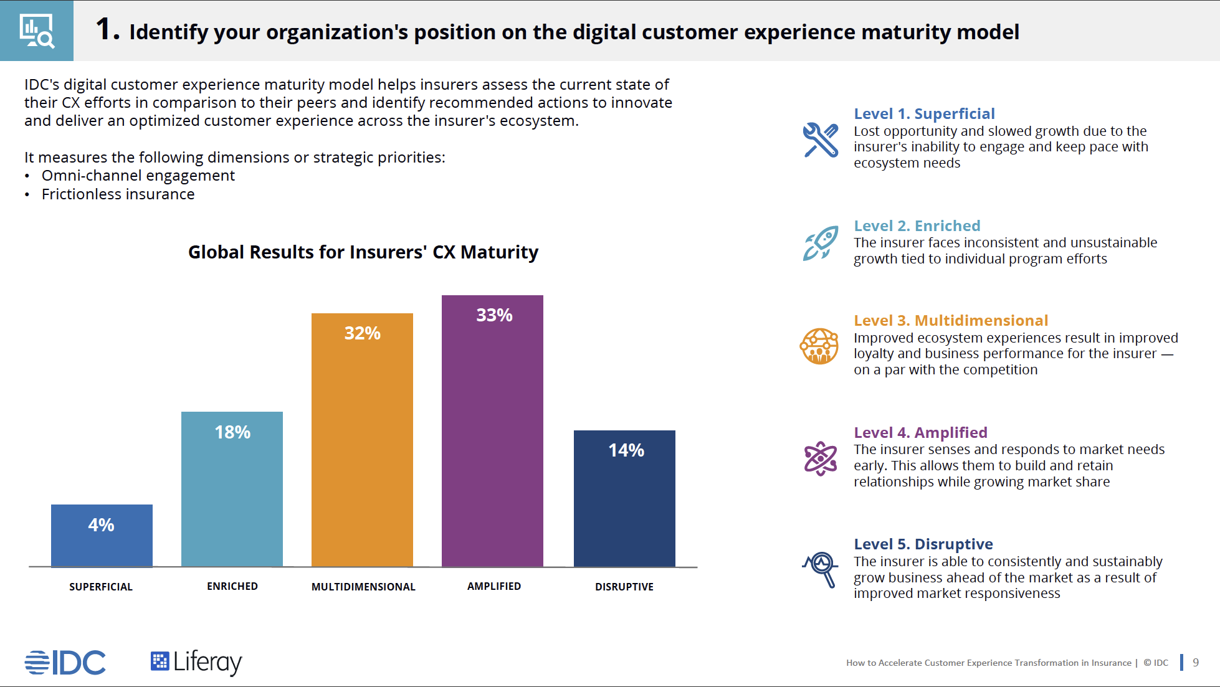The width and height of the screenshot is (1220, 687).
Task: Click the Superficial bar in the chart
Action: [102, 536]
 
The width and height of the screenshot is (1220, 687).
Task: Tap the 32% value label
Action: [362, 333]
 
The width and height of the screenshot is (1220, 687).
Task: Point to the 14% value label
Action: [626, 450]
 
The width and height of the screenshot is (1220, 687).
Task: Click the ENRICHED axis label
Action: [232, 586]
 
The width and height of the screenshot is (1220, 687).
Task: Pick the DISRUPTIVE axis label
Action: [624, 587]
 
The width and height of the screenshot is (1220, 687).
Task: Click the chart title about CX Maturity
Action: [363, 252]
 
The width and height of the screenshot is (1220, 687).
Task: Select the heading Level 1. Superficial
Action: [924, 114]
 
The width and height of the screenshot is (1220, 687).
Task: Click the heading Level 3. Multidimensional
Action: [951, 321]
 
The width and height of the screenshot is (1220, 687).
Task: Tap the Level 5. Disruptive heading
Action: [923, 544]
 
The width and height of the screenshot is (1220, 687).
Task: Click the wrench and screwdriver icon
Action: [821, 140]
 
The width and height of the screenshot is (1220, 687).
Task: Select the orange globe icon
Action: [819, 346]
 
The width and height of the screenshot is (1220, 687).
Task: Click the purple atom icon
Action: [821, 458]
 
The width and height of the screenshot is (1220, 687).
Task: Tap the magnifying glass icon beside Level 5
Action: [821, 569]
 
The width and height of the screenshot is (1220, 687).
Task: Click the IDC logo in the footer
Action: [65, 662]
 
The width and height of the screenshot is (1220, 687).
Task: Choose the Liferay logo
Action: [196, 662]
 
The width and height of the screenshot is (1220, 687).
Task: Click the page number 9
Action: [1196, 662]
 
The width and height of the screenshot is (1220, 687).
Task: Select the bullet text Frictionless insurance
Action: [118, 194]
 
